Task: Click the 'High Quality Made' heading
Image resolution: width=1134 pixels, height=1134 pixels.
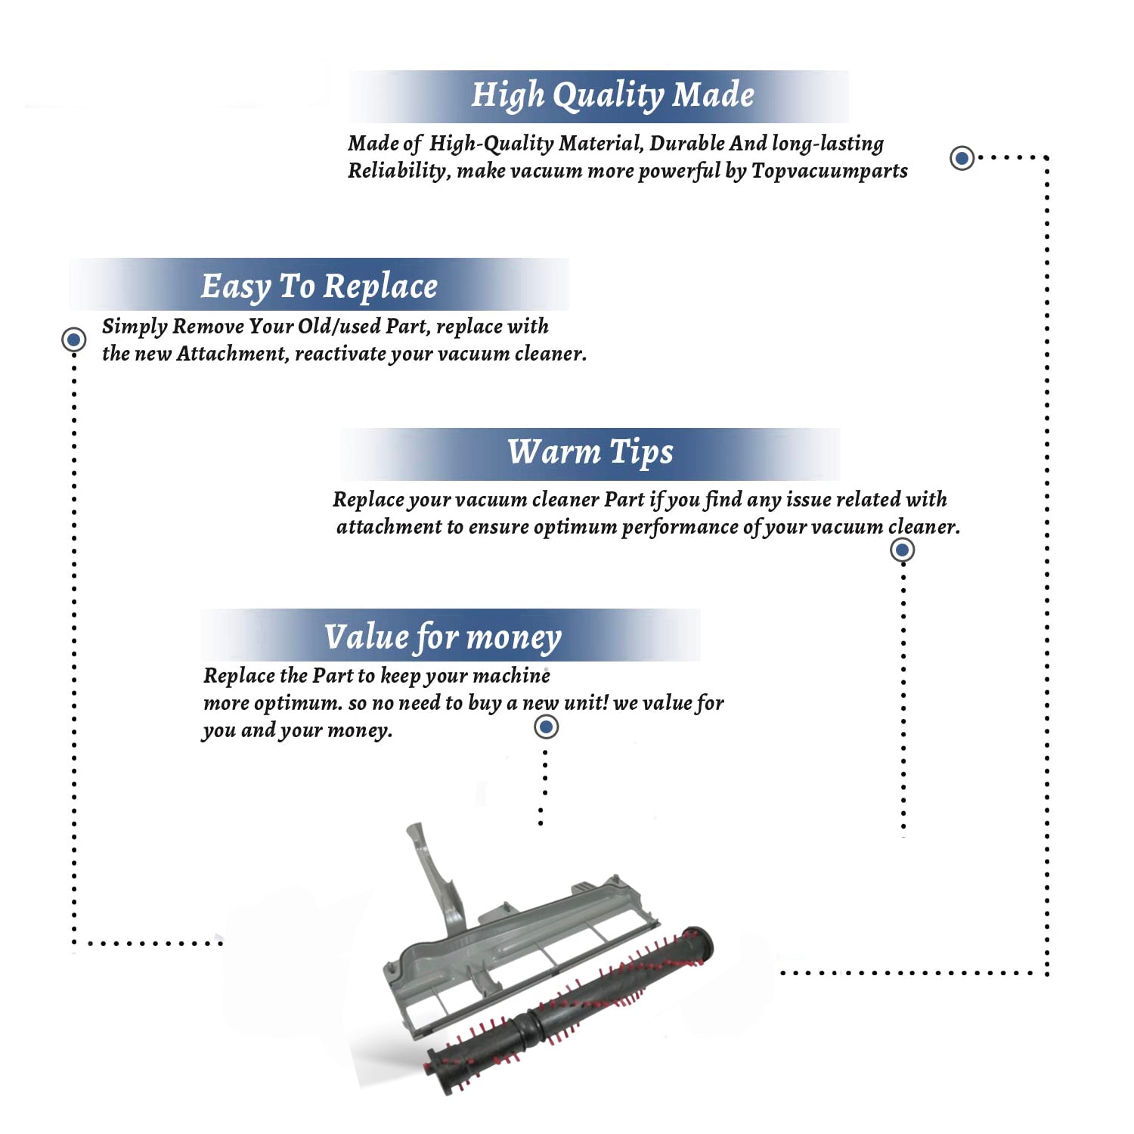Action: point(612,95)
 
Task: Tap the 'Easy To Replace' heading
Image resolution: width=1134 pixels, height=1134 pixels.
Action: point(319,287)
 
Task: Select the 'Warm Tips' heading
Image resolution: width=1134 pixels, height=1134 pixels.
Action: point(590,452)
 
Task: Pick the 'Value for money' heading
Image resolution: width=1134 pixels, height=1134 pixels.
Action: point(443,637)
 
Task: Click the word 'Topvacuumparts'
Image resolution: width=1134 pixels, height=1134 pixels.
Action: point(829,171)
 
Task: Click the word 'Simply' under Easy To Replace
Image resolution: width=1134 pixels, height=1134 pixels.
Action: point(134,327)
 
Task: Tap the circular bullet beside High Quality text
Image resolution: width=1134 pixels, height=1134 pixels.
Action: point(962,158)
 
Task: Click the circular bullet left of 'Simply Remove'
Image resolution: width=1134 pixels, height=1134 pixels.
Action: point(73,339)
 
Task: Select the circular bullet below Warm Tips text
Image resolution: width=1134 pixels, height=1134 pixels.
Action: point(902,550)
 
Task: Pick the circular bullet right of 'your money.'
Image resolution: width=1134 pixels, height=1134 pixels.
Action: point(546,727)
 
